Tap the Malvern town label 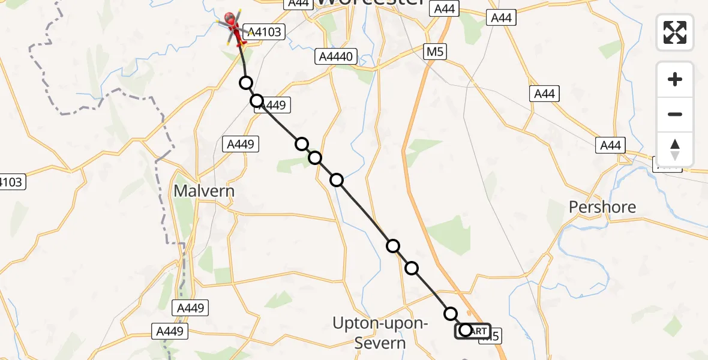[x=204, y=191]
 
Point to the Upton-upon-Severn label [x=380, y=333]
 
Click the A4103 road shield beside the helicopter [x=265, y=32]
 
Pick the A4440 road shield [x=338, y=57]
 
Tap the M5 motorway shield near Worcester [x=435, y=52]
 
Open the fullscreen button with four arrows [x=675, y=32]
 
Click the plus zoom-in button [x=675, y=80]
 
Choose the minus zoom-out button [x=675, y=114]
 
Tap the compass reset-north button [x=675, y=149]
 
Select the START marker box [x=473, y=331]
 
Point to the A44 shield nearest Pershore [x=610, y=145]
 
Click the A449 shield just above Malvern [x=241, y=144]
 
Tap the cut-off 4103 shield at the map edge [x=12, y=182]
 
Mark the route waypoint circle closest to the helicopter [x=245, y=83]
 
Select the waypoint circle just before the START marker [x=451, y=313]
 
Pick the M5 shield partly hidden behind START [x=491, y=337]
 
